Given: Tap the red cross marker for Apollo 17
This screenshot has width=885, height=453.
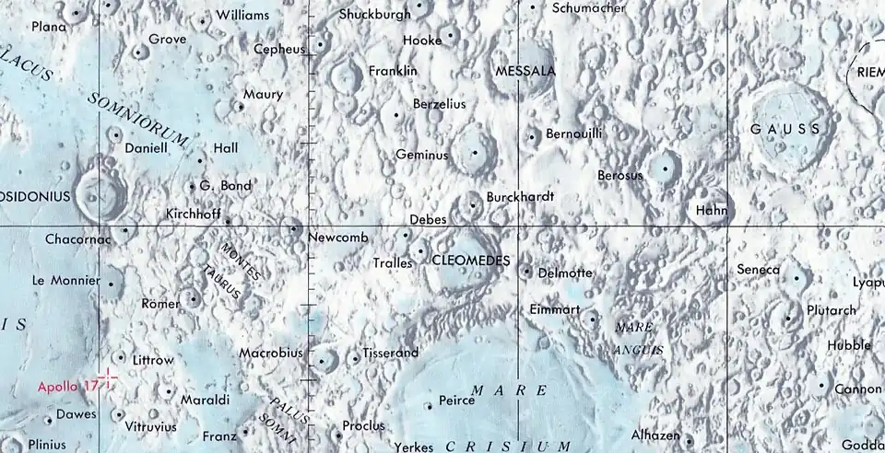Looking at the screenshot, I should click(x=108, y=377).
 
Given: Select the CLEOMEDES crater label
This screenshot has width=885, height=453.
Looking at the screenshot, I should click(x=470, y=261).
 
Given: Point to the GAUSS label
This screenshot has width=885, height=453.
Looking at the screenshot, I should click(x=785, y=129).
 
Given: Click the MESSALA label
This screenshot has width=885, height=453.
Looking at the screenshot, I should click(x=525, y=71).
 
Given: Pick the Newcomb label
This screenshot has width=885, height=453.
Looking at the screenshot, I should click(x=338, y=238).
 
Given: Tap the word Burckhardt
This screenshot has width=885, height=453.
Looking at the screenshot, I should click(x=521, y=197).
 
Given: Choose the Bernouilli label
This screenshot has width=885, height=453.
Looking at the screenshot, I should click(x=574, y=134).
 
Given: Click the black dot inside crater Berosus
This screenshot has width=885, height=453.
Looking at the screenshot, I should click(x=664, y=168).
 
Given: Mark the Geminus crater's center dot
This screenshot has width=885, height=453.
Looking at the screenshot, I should click(x=476, y=153).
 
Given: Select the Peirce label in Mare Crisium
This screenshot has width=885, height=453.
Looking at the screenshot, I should click(x=456, y=401).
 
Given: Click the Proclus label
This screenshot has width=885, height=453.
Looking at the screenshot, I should click(x=363, y=426).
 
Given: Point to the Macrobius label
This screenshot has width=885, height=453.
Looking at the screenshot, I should click(x=271, y=353).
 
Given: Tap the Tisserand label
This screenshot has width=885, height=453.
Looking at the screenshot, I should click(x=391, y=353).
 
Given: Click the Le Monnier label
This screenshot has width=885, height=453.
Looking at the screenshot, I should click(x=65, y=279).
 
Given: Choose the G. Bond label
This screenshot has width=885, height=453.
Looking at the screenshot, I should click(x=225, y=186).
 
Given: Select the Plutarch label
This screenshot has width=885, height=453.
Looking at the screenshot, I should click(x=831, y=310).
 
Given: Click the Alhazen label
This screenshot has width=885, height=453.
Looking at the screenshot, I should click(x=655, y=436).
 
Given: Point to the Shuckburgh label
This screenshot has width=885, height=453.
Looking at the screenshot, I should click(x=375, y=14).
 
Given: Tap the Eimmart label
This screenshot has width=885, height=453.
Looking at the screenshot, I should click(x=555, y=310).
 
